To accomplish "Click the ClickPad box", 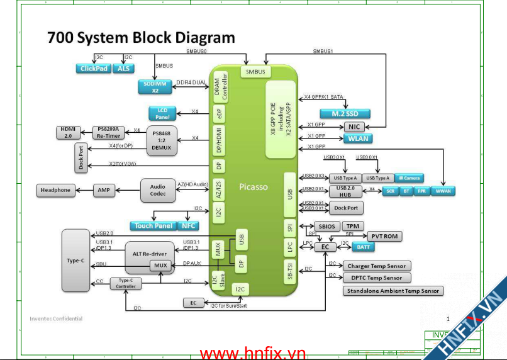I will click(x=94, y=69).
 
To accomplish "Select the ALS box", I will click(x=123, y=69).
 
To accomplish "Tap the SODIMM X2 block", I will click(x=155, y=87).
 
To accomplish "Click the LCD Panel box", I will click(x=162, y=113).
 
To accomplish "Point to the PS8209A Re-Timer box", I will click(x=109, y=132).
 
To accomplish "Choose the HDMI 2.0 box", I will click(x=67, y=132).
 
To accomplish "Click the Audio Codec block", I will click(x=158, y=189).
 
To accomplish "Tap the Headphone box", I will click(x=56, y=190).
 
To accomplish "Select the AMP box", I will click(x=104, y=190).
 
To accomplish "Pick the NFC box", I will click(x=189, y=225).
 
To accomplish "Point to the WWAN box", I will click(x=443, y=190).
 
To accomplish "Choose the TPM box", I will click(x=354, y=226).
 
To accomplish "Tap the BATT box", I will click(x=362, y=247).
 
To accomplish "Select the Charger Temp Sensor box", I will click(x=377, y=266).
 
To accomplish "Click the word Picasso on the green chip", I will click(x=253, y=187).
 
